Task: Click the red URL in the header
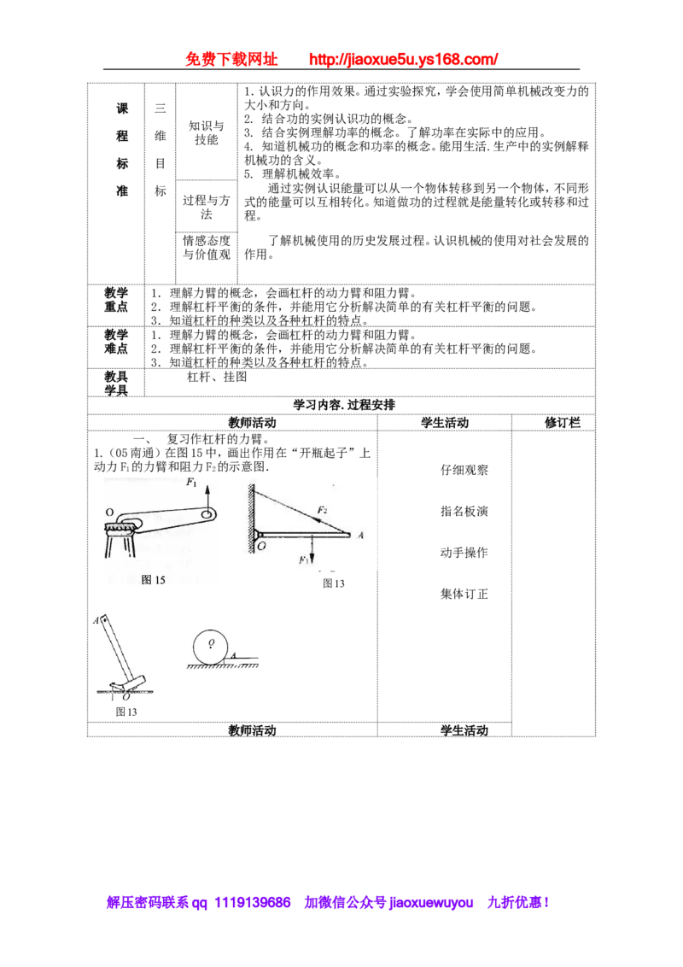pyautogui.click(x=403, y=59)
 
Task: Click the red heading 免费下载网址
pyautogui.click(x=231, y=59)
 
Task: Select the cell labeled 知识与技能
pyautogui.click(x=207, y=132)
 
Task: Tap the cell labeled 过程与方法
pyautogui.click(x=207, y=208)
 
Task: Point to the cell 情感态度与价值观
pyautogui.click(x=207, y=247)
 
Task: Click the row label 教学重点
pyautogui.click(x=116, y=300)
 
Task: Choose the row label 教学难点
pyautogui.click(x=116, y=342)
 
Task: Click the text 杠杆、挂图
pyautogui.click(x=217, y=377)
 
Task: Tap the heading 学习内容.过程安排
pyautogui.click(x=344, y=405)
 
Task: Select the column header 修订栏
pyautogui.click(x=563, y=423)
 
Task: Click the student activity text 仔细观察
pyautogui.click(x=464, y=470)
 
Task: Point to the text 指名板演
pyautogui.click(x=464, y=511)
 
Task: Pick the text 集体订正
pyautogui.click(x=464, y=594)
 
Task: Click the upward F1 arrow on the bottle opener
pyautogui.click(x=207, y=497)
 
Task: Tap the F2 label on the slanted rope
pyautogui.click(x=322, y=509)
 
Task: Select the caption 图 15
pyautogui.click(x=153, y=580)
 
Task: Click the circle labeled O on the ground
pyautogui.click(x=211, y=647)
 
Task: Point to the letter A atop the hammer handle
pyautogui.click(x=96, y=620)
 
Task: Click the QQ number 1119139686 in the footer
pyautogui.click(x=252, y=903)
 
